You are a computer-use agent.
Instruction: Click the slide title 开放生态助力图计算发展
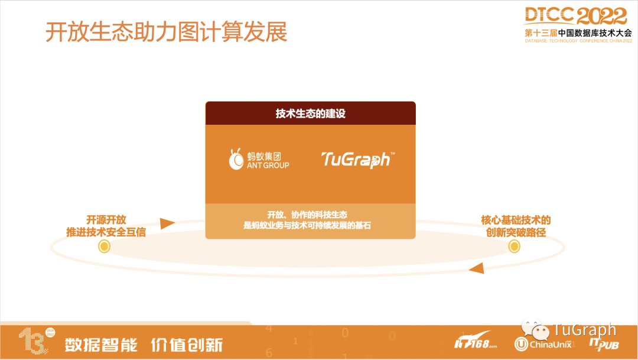[x=167, y=32]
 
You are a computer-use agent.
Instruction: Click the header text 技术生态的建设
[x=311, y=113]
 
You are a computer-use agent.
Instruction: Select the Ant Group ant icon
[x=236, y=159]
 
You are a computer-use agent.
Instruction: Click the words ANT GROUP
[x=268, y=166]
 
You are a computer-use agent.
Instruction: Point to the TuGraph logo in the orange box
[x=357, y=160]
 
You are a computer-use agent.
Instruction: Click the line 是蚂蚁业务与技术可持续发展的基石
[x=307, y=226]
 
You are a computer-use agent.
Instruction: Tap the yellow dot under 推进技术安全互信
[x=104, y=247]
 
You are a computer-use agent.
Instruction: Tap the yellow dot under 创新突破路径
[x=515, y=247]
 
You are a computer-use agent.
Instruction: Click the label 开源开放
[x=106, y=220]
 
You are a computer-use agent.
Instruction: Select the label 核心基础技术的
[x=516, y=220]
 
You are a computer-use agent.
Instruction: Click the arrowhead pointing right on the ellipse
[x=167, y=223]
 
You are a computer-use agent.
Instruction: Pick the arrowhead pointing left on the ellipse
[x=477, y=268]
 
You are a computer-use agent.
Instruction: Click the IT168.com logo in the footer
[x=475, y=341]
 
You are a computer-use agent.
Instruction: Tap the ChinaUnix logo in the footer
[x=543, y=345]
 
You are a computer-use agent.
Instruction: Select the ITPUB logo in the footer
[x=604, y=345]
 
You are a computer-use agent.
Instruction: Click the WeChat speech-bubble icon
[x=535, y=329]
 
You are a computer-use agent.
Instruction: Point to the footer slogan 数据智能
[x=101, y=345]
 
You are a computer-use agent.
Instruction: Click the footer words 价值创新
[x=187, y=345]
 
